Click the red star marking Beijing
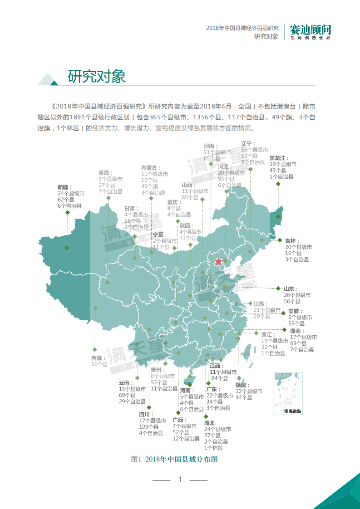tap(218, 261)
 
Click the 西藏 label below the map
tap(97, 358)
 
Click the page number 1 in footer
tap(180, 479)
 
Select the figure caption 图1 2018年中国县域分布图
tap(174, 459)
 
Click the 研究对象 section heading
tap(96, 76)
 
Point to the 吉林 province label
tap(290, 240)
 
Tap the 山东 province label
tap(289, 289)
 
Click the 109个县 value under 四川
tap(149, 427)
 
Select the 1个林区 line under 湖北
tap(213, 448)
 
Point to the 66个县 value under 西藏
tap(99, 364)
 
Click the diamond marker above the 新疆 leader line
tap(67, 212)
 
